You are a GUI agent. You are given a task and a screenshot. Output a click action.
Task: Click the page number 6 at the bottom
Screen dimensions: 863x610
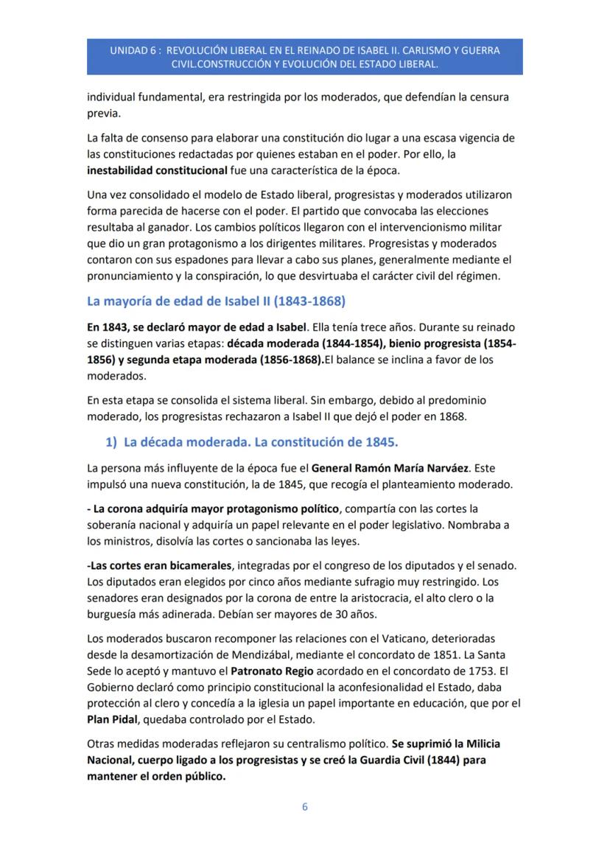tap(305, 807)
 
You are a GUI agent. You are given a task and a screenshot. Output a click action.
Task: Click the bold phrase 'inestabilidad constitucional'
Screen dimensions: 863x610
tap(157, 170)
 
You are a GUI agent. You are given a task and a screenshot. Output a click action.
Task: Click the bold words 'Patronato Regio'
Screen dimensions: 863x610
tap(266, 671)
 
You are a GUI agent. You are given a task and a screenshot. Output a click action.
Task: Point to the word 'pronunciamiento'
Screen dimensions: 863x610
tap(127, 276)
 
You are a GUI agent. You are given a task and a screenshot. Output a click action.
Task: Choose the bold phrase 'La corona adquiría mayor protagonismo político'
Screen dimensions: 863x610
tap(214, 509)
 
